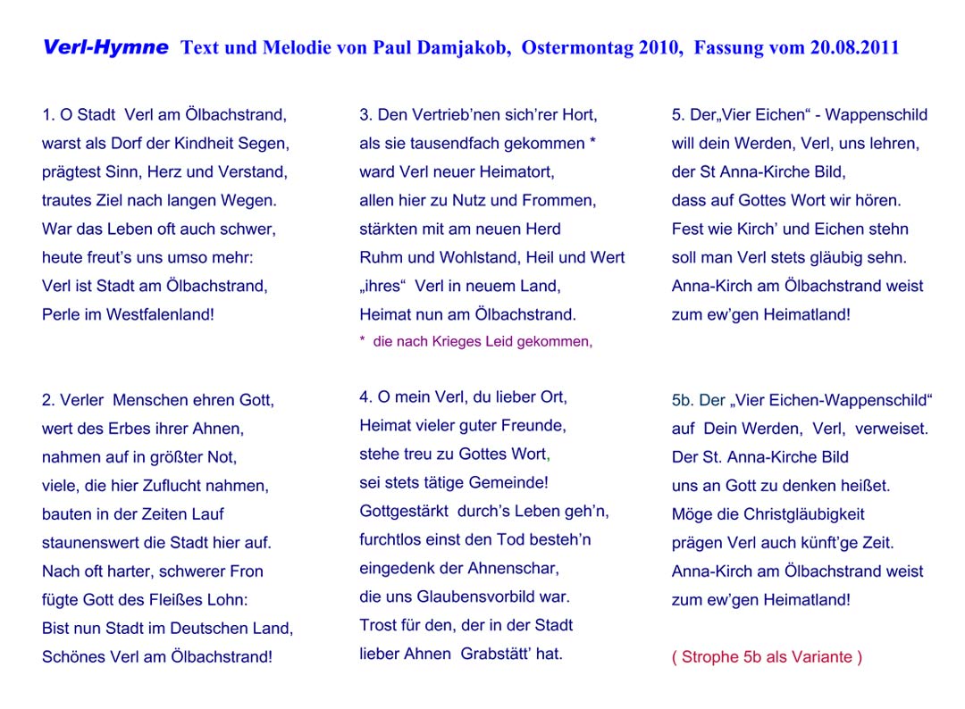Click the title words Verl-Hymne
click(105, 48)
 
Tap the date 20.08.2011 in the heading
click(854, 48)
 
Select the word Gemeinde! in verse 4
click(508, 483)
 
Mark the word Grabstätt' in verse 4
click(494, 654)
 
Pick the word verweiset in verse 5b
click(892, 430)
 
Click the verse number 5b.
click(683, 401)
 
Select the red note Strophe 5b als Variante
click(767, 658)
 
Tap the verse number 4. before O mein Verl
click(365, 397)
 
